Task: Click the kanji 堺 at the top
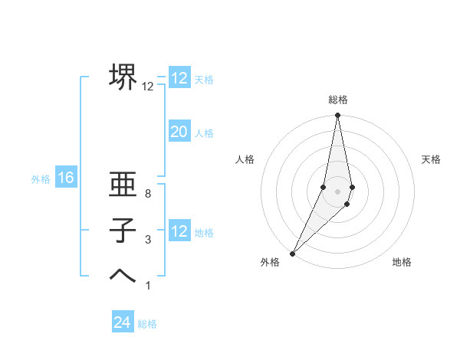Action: (123, 77)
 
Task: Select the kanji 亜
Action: (123, 185)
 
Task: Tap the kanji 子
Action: (123, 231)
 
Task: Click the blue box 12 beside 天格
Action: (179, 78)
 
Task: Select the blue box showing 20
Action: (179, 132)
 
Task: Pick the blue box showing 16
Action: (66, 178)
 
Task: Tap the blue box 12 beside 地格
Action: (179, 231)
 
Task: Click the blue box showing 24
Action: (123, 322)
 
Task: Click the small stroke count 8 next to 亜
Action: (148, 194)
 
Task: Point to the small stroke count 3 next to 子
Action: (148, 240)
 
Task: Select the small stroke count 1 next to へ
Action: (148, 286)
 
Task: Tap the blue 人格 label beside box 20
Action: (204, 133)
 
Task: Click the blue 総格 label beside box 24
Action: (147, 324)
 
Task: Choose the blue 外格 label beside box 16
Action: (41, 179)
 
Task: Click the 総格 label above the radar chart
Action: (337, 100)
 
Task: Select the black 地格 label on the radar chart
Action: (402, 262)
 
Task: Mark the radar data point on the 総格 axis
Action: (337, 116)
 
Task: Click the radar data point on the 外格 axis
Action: (292, 254)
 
